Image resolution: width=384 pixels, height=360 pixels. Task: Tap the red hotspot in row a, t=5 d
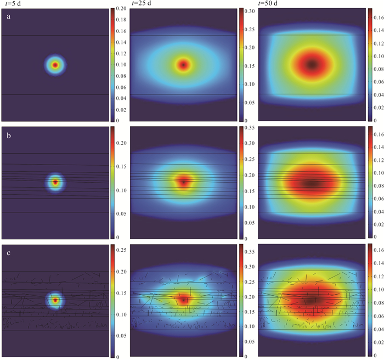point(55,65)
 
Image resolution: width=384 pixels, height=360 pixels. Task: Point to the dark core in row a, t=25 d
point(183,65)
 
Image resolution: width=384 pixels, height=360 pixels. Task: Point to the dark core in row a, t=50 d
point(312,64)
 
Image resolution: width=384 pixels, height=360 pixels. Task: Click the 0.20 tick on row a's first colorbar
point(123,9)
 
